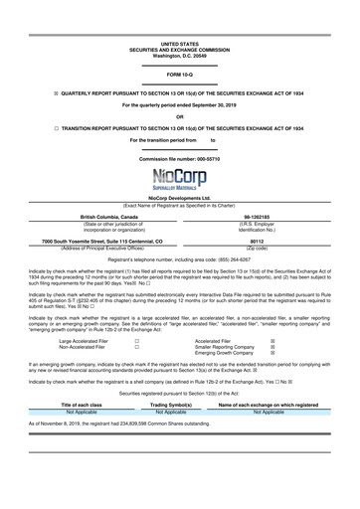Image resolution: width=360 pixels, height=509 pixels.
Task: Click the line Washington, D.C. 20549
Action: click(x=179, y=56)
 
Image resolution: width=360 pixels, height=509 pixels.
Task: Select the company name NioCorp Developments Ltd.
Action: click(x=179, y=198)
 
